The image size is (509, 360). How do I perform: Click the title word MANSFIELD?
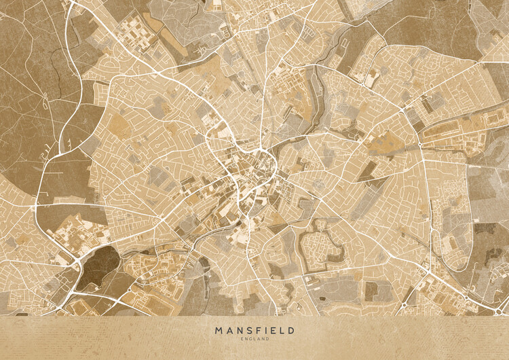(254, 330)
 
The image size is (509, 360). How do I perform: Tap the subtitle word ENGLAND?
(254, 338)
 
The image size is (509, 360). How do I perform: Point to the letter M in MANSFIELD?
(219, 330)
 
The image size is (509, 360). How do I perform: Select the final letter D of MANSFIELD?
(291, 330)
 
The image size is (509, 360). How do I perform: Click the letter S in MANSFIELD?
(246, 330)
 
